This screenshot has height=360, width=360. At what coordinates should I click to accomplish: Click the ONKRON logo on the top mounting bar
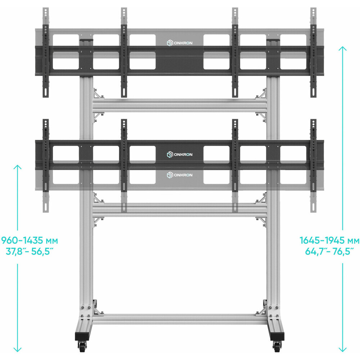pos(180,43)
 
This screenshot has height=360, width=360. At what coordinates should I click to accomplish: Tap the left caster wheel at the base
pos(82,346)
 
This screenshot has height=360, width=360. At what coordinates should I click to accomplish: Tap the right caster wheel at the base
pos(277,346)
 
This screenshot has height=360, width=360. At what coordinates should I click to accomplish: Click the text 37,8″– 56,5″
pos(30,251)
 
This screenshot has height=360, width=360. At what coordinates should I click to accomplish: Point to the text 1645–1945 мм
pos(329,240)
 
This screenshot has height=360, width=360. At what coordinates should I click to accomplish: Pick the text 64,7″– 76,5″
pos(329,251)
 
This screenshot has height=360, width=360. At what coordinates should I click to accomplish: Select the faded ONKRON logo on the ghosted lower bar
pos(180,175)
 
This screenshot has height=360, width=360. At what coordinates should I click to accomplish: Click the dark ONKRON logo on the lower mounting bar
pos(180,154)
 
